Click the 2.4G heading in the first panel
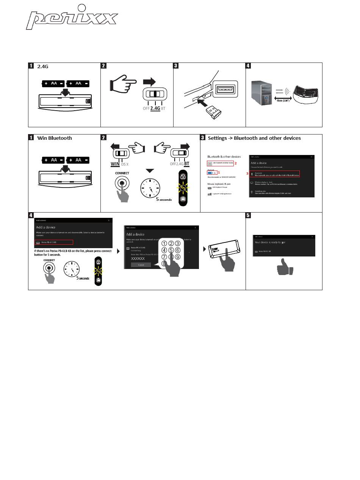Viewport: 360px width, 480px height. tap(43, 66)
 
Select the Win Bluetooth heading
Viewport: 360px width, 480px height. tap(54, 138)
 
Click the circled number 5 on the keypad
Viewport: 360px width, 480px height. tap(171, 250)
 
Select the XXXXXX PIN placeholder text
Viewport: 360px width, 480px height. tap(138, 258)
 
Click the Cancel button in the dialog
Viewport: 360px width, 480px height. tap(141, 264)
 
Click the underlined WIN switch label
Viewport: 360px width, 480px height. tap(115, 164)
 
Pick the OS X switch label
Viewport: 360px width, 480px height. tap(125, 164)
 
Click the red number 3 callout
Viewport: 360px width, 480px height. tap(247, 174)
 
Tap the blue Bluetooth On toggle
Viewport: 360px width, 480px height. tap(211, 173)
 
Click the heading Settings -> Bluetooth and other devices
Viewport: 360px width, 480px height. tap(254, 138)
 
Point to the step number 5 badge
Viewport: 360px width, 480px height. tap(248, 215)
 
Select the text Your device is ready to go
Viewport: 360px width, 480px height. tap(270, 242)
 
